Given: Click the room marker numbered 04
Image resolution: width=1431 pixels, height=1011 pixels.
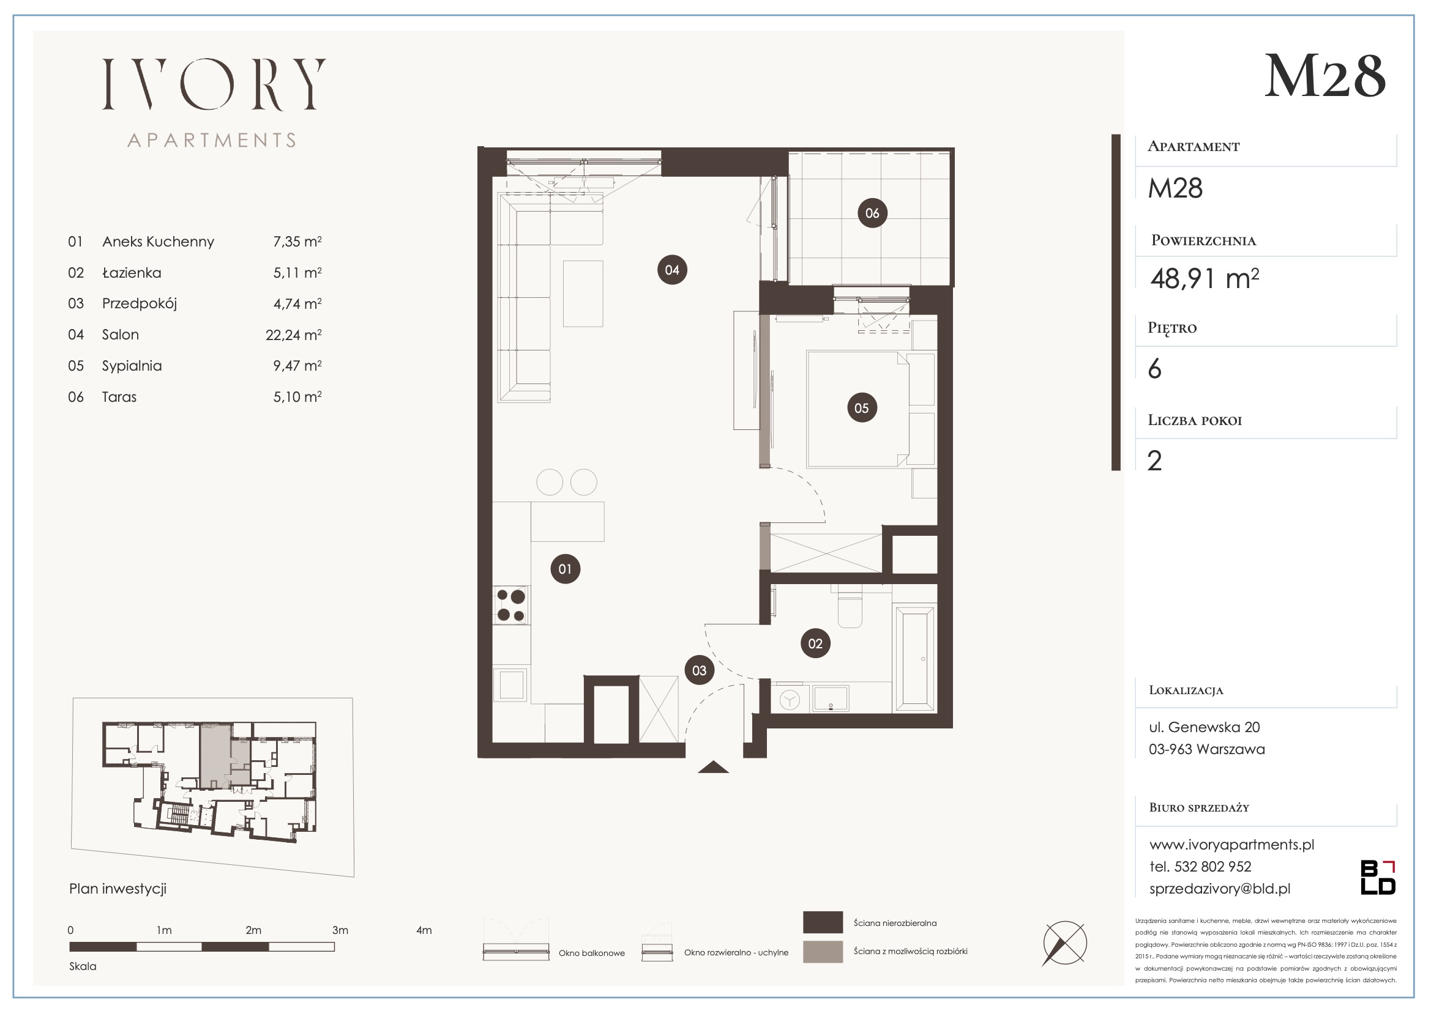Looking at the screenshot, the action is click(672, 270).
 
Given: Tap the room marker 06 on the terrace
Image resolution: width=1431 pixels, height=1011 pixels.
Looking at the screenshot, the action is click(872, 213).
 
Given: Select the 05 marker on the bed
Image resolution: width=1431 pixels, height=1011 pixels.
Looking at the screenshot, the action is click(861, 408).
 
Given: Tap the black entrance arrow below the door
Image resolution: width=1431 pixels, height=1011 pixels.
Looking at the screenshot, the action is click(713, 767).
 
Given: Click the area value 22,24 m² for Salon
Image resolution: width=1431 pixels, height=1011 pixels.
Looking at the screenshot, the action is click(294, 335).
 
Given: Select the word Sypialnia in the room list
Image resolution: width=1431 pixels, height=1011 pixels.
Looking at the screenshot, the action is click(132, 366).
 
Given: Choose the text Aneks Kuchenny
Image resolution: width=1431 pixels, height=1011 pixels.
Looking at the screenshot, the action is click(159, 242).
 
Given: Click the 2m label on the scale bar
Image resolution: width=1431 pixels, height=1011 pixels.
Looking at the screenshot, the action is click(253, 930).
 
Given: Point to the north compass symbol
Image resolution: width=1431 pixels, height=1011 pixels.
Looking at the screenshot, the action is click(1064, 943).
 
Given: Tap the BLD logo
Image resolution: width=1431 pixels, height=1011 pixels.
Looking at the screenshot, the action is click(1378, 877).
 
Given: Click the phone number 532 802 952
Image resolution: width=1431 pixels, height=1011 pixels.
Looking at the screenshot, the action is click(1213, 867).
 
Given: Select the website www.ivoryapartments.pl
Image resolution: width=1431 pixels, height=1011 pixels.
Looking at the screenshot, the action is click(1231, 845).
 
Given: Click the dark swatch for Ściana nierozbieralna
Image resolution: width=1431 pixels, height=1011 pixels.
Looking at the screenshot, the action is click(823, 922).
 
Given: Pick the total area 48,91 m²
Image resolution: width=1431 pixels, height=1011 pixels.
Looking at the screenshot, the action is click(1205, 278).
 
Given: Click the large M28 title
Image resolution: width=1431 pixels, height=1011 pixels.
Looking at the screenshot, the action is click(1325, 76).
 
